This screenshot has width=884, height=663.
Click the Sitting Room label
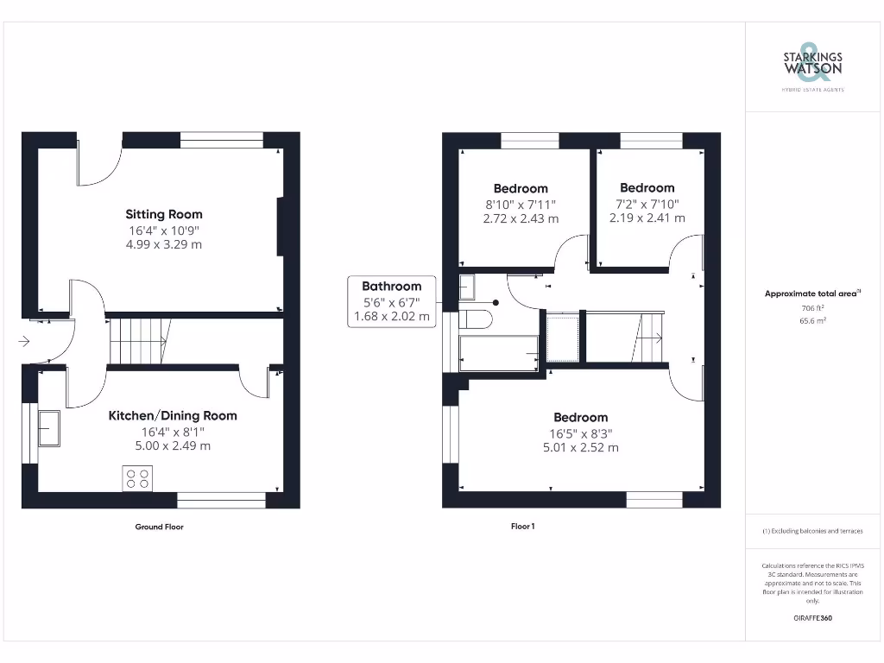click(164, 214)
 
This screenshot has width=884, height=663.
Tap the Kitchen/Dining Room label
click(172, 415)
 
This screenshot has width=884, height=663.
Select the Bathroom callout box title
click(391, 286)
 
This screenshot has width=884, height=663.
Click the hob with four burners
click(138, 477)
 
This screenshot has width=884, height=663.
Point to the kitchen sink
click(48, 427)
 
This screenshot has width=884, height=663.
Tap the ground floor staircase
click(138, 340)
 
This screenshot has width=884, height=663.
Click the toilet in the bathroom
click(475, 319)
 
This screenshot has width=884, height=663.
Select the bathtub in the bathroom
click(499, 352)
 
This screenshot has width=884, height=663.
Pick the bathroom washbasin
click(467, 286)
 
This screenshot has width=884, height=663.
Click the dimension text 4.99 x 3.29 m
click(164, 245)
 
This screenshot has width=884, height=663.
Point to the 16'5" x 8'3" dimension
click(580, 433)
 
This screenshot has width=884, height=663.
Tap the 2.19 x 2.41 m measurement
click(647, 218)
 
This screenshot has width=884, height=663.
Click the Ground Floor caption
click(160, 527)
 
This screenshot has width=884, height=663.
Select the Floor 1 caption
click(522, 527)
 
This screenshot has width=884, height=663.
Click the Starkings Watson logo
click(812, 64)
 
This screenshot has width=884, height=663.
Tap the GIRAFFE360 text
click(812, 618)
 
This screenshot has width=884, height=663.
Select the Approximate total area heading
click(811, 294)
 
